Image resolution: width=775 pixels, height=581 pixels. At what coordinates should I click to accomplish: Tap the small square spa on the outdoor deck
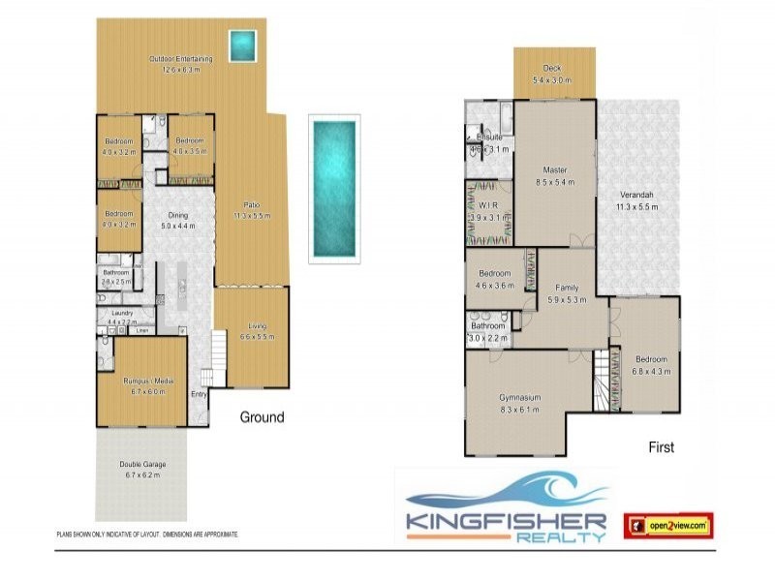[x=241, y=44]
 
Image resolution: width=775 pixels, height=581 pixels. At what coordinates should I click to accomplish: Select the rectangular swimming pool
[x=332, y=188]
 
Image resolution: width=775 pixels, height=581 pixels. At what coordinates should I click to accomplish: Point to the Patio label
[x=250, y=204]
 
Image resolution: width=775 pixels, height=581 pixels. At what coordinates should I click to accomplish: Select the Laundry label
[x=122, y=313]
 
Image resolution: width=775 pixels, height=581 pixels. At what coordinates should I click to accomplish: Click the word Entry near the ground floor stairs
[x=199, y=394]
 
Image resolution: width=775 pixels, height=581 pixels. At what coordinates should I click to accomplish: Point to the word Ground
[x=262, y=417]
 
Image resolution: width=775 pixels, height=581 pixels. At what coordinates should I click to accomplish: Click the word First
[x=661, y=447]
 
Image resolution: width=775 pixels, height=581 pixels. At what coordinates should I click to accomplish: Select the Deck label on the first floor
[x=552, y=68]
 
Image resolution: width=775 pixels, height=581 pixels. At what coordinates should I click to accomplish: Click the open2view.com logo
[x=667, y=525]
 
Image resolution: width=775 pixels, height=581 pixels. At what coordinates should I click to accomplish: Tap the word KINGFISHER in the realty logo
[x=506, y=521]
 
